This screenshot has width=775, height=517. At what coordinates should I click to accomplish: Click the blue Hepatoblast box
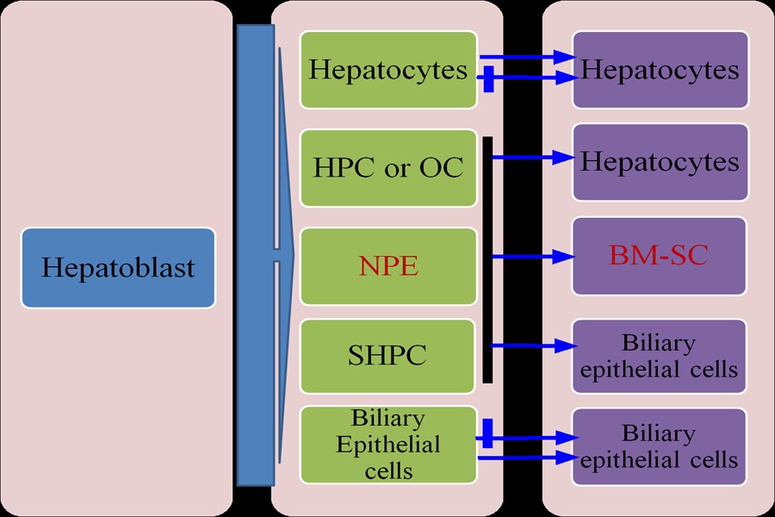click(118, 268)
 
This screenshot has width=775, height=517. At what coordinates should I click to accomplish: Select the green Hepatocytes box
click(388, 70)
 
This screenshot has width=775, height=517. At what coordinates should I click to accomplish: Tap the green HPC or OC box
click(388, 168)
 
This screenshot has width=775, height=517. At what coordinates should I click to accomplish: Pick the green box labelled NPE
click(388, 266)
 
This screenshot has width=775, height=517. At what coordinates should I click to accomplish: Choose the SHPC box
click(387, 356)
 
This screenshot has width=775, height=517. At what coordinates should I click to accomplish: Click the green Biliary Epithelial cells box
click(388, 445)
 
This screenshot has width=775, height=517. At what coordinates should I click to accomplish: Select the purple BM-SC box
click(660, 256)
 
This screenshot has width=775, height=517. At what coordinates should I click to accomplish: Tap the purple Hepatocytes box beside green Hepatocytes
click(660, 70)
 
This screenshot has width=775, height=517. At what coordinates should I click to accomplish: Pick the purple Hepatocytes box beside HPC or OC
click(660, 162)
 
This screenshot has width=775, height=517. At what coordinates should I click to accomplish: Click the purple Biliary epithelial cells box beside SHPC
click(659, 356)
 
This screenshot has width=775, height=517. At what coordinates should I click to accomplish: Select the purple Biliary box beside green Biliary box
click(659, 446)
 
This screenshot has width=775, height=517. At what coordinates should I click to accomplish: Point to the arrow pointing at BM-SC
click(534, 257)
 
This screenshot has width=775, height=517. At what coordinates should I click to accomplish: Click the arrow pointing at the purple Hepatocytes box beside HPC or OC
click(534, 158)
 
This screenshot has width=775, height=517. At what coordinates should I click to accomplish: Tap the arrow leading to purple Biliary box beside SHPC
click(534, 346)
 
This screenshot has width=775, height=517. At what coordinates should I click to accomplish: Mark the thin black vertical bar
click(487, 259)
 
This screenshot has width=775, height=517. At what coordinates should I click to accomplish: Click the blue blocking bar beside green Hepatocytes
click(489, 78)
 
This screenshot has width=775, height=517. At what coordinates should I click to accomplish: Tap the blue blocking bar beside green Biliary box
click(487, 433)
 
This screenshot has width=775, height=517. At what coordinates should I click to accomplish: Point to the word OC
click(442, 168)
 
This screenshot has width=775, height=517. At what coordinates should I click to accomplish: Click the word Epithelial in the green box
click(388, 445)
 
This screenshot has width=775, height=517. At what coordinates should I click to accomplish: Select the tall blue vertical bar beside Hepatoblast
click(256, 255)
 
